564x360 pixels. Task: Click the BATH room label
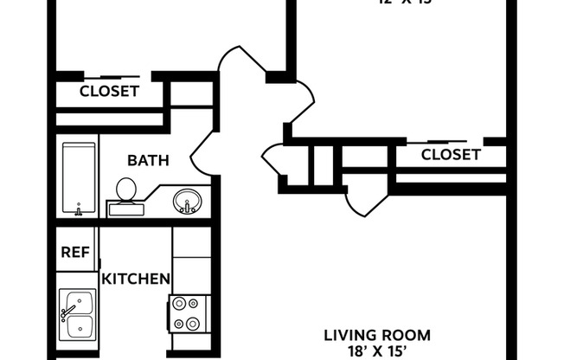tap(148, 160)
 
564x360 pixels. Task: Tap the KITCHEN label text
tap(136, 279)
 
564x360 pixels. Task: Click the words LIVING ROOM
tap(376, 335)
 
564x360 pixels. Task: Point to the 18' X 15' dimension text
tap(376, 351)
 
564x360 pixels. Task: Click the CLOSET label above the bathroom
tap(109, 91)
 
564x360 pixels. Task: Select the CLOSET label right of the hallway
tap(450, 155)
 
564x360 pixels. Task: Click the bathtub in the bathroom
tap(79, 178)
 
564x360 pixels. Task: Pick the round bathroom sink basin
tap(186, 202)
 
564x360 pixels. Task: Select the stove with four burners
tap(188, 314)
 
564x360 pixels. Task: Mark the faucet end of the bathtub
tap(79, 209)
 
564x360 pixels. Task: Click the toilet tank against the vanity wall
tap(126, 208)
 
